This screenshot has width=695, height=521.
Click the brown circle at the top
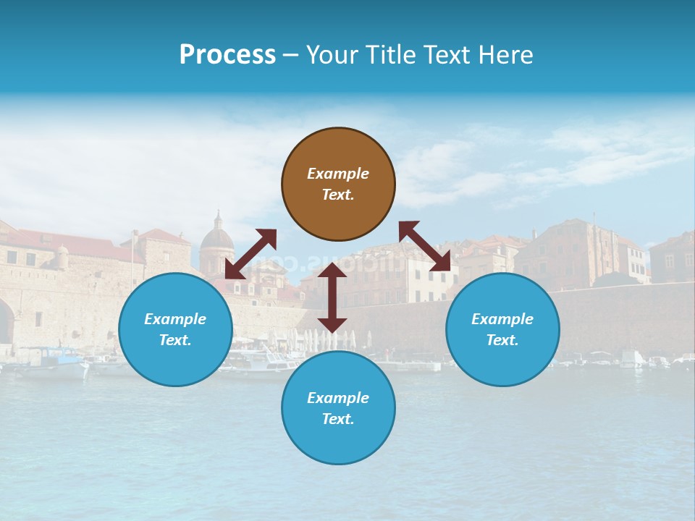(338, 184)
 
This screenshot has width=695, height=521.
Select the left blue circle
(175, 329)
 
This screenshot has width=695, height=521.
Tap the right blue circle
(502, 329)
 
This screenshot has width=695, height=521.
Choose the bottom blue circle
(338, 408)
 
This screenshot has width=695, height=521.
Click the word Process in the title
(227, 55)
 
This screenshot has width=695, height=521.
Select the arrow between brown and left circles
(250, 253)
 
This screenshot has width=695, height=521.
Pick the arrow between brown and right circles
(424, 246)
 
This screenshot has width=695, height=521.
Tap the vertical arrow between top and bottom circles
(332, 297)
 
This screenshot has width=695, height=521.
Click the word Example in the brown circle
(338, 174)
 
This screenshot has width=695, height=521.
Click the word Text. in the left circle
(175, 340)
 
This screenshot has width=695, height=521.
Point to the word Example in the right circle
(502, 319)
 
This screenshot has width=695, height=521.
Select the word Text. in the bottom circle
(338, 419)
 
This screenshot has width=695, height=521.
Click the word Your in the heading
(334, 55)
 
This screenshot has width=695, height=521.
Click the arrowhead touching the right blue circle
(440, 261)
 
